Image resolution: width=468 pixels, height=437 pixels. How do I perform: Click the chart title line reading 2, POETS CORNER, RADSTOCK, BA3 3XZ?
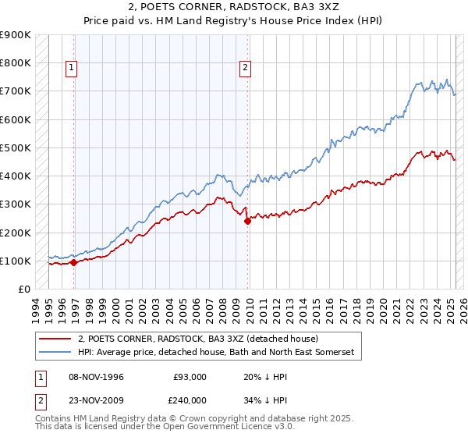[233, 8]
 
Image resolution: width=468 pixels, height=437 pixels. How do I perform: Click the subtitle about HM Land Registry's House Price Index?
[233, 23]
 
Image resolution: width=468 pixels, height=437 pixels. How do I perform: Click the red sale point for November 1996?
[74, 262]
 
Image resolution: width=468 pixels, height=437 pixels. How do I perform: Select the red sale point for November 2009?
[248, 221]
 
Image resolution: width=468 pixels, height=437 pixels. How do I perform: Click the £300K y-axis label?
[16, 204]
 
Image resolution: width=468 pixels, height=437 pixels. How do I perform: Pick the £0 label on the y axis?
[24, 289]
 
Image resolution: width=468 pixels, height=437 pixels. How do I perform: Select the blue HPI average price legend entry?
[215, 353]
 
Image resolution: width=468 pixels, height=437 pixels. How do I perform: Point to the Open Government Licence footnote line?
[145, 428]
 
